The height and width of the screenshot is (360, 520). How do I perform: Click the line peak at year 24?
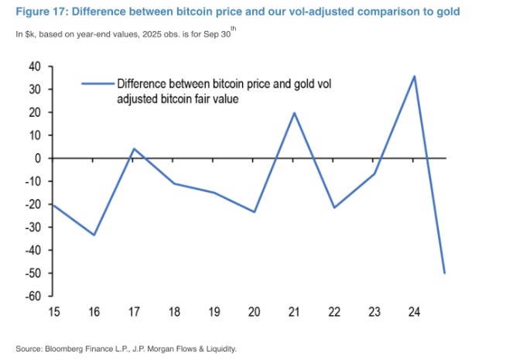point(415,76)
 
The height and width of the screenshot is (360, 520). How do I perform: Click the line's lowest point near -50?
point(445,273)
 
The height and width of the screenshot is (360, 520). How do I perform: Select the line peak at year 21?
point(294,113)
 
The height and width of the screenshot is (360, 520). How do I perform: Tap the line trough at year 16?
point(94,235)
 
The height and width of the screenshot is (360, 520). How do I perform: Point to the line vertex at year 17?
point(134,149)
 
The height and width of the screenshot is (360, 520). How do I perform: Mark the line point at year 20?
point(255,212)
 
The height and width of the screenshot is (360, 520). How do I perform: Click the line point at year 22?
point(334,207)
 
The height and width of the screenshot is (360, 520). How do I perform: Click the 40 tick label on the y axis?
point(36,67)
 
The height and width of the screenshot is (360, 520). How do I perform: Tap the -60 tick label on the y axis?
point(34,297)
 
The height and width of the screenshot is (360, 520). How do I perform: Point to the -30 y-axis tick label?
point(34,228)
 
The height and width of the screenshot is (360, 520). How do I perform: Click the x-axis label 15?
point(54,311)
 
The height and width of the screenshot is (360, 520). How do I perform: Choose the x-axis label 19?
point(214,311)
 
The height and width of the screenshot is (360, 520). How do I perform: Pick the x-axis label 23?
point(375,311)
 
